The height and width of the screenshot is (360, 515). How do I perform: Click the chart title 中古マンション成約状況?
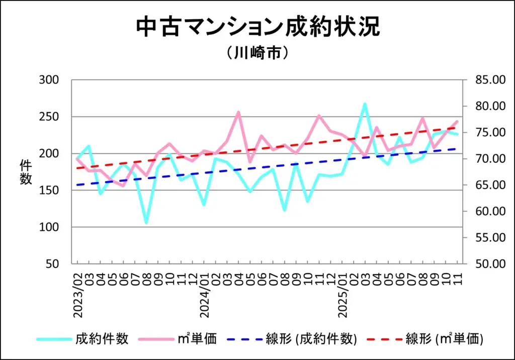point(257,27)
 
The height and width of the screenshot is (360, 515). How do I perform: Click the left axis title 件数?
point(26,172)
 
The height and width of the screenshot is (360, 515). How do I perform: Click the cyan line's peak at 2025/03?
point(365,104)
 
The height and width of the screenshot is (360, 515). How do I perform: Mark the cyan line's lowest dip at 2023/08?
point(146,222)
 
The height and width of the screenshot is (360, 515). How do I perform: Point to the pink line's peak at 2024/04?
point(238,112)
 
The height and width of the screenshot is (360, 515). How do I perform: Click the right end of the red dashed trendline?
point(457,128)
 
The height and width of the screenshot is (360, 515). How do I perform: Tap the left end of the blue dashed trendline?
point(77,185)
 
